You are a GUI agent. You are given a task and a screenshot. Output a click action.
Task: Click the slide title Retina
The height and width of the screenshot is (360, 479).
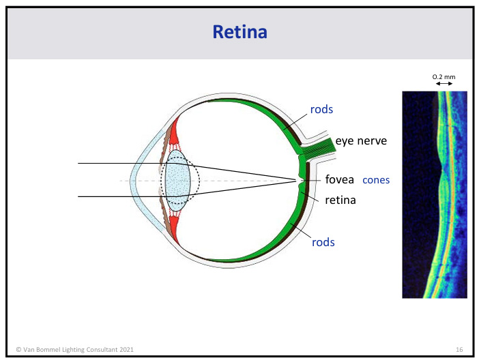[239, 31]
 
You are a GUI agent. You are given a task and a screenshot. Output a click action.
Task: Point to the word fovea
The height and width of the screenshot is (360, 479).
[339, 179]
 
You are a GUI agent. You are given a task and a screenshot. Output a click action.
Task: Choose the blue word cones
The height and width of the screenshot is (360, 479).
[375, 180]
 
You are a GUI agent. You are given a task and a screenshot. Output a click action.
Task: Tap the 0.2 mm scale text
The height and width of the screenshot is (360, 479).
[444, 76]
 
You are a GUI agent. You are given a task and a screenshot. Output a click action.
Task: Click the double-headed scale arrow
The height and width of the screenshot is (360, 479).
[444, 84]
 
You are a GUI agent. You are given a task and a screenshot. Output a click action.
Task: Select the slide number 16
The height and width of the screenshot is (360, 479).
[459, 349]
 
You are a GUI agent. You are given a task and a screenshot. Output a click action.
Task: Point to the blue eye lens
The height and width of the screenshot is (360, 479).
[179, 181]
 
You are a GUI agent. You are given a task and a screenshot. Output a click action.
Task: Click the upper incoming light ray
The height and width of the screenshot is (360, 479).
[116, 164]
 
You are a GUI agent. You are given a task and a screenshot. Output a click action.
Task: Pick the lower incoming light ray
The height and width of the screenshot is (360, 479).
[116, 196]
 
